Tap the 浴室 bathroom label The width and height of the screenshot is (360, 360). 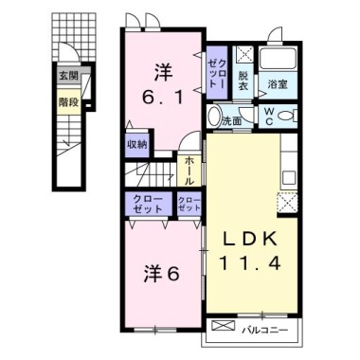coord(278,85)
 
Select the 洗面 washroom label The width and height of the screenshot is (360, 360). coord(233,120)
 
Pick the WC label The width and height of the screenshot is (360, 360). coord(269,115)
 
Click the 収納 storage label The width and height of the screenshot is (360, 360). coord(136,145)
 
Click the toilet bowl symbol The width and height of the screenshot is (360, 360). coord(290,116)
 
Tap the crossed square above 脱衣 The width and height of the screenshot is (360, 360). coord(243,55)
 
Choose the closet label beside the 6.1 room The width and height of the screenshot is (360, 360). coord(216,69)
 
